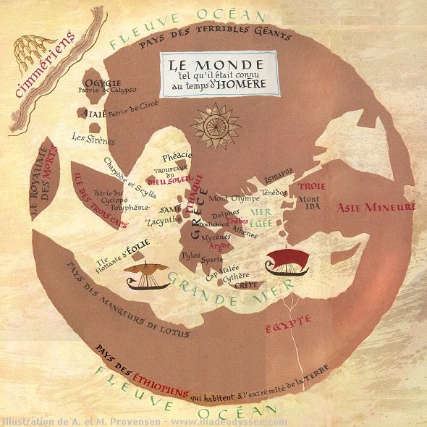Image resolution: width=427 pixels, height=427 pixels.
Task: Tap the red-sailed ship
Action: (x=287, y=263)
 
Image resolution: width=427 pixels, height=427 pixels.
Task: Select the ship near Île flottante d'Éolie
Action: (x=148, y=276)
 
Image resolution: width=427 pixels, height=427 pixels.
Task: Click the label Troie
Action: (x=312, y=186)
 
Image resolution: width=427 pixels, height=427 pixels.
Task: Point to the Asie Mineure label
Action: (x=376, y=208)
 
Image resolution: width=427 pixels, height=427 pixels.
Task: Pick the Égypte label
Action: (x=288, y=318)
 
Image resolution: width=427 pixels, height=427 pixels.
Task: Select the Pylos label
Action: (x=190, y=255)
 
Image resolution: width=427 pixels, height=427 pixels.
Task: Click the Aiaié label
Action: (x=96, y=114)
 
